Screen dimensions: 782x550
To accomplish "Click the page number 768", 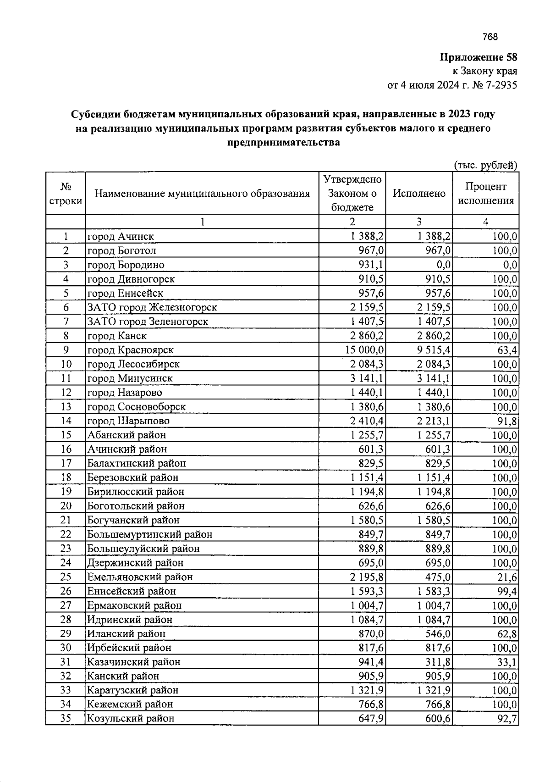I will [490, 37].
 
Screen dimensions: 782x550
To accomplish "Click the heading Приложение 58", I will [478, 58].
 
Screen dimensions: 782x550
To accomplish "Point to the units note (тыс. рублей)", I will [486, 165].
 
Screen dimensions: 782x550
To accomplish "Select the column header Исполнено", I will [419, 194].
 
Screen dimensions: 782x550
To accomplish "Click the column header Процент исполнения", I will [486, 194].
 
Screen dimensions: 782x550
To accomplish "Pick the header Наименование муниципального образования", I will [202, 194].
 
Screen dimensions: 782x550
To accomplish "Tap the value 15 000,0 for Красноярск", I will [365, 350].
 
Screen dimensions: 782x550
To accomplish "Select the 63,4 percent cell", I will [509, 350].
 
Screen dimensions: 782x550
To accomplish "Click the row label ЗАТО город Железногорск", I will [152, 307].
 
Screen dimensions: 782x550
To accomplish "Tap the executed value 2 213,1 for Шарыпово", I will [434, 421].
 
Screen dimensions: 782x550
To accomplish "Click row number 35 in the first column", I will [66, 719].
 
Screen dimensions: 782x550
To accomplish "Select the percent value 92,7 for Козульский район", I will [508, 719].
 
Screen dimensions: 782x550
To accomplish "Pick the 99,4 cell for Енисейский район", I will [508, 591].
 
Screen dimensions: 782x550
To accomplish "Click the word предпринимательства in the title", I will [283, 142].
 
